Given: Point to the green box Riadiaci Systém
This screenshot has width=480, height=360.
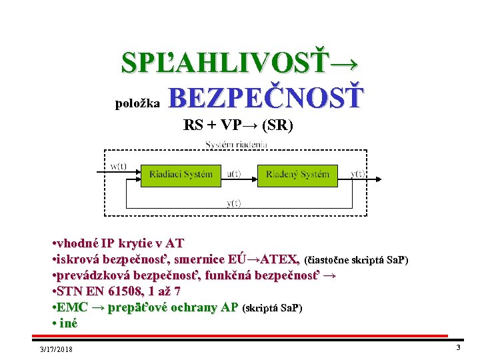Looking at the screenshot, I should tap(181, 175).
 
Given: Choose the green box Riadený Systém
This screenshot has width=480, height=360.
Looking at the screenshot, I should tap(297, 175).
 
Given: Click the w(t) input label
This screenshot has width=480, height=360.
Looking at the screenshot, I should tap(119, 166).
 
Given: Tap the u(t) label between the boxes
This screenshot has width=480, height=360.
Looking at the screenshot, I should tap(234, 174).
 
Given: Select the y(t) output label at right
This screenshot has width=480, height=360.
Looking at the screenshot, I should tap(357, 174).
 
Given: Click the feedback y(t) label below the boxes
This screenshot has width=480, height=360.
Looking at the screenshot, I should tap(234, 203).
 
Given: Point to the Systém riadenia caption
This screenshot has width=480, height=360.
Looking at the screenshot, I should tap(236, 144).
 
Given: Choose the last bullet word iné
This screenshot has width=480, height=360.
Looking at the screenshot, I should tap(67, 323).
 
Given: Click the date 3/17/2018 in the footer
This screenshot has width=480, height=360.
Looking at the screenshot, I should tap(56, 349).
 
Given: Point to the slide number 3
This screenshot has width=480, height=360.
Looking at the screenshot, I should tap(458, 347).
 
